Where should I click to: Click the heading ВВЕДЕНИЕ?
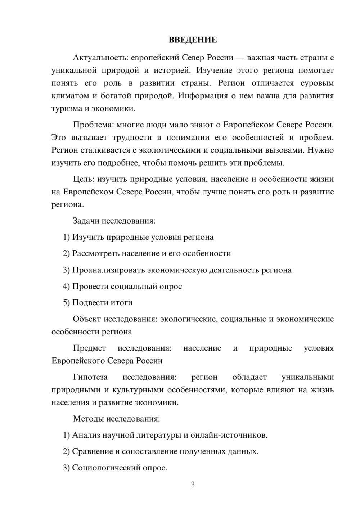coord(193,40)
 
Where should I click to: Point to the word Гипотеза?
coord(90,377)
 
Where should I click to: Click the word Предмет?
coord(89,348)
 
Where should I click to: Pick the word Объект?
coord(87,319)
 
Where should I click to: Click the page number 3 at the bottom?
coord(193,485)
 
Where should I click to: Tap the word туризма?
coord(67,108)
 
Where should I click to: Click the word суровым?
coord(317,83)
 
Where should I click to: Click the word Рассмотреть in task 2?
coord(96,253)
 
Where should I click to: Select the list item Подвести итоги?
coord(102,303)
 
